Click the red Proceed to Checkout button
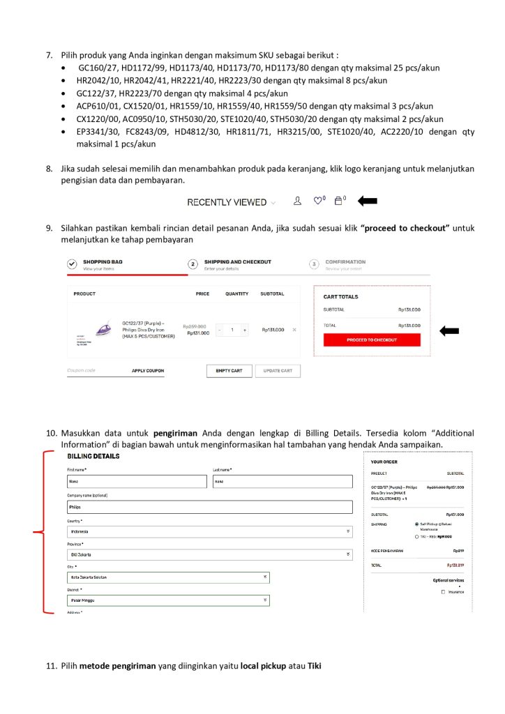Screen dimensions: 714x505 point(372,340)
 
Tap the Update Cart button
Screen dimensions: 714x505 point(278,370)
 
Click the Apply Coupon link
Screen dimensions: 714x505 point(148,370)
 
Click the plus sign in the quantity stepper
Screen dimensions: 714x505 point(245,329)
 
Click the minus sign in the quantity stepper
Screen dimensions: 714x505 point(219,329)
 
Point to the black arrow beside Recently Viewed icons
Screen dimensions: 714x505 point(367,202)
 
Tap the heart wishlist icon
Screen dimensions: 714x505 point(318,201)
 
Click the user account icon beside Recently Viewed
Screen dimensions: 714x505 point(298,201)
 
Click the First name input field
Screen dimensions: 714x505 point(137,481)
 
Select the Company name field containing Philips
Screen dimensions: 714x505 point(210,507)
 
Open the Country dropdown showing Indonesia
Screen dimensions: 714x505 point(210,531)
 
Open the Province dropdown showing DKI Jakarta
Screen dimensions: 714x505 point(210,554)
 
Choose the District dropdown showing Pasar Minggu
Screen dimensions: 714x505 point(168,600)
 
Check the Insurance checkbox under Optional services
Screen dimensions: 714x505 point(443,592)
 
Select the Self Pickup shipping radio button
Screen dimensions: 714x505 point(416,524)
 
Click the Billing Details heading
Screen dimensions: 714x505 point(93,456)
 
